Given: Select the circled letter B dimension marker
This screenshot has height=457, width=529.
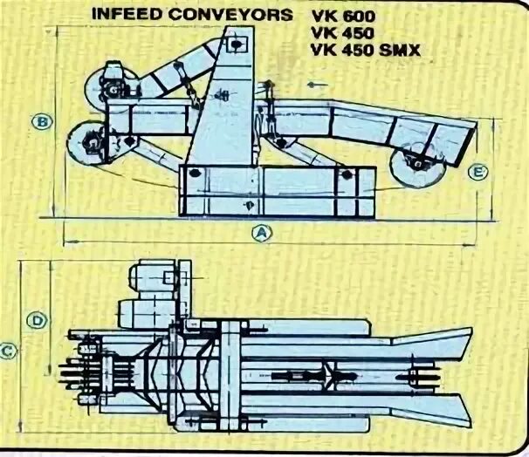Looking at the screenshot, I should tap(40, 120).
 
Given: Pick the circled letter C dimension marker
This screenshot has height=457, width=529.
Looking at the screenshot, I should tap(8, 351).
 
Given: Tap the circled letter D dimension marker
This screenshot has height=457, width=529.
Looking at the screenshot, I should tap(38, 321).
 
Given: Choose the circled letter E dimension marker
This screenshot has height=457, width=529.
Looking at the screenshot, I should tap(477, 172).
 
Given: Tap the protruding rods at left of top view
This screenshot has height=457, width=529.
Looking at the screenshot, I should tap(73, 376).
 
